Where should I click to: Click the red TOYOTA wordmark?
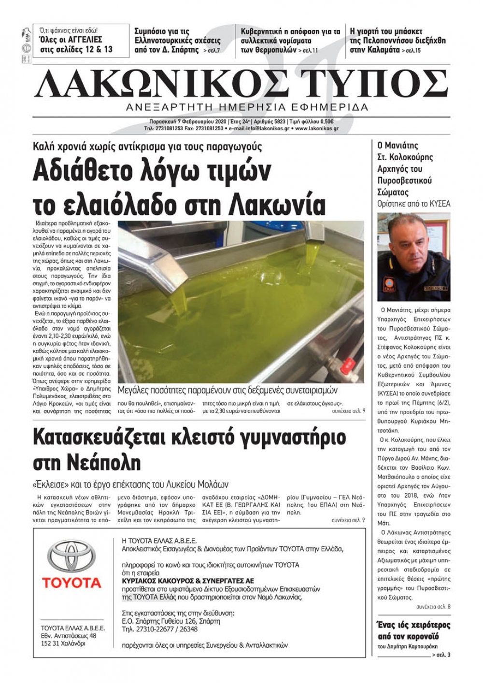71,583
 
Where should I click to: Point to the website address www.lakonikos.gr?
316,129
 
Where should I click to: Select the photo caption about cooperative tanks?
227,390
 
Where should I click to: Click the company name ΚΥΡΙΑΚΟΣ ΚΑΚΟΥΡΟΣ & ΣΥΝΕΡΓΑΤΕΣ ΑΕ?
188,581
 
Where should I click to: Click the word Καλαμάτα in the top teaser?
374,49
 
